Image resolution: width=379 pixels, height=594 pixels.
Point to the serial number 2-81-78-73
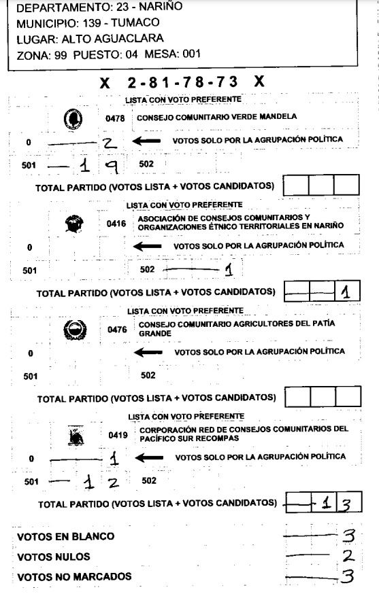click(x=182, y=83)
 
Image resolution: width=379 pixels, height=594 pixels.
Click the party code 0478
click(x=116, y=117)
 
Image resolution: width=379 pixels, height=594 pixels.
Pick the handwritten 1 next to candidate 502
click(x=229, y=270)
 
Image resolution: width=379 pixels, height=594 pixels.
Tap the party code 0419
click(x=118, y=434)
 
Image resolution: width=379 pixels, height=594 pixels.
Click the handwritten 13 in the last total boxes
click(x=338, y=504)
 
